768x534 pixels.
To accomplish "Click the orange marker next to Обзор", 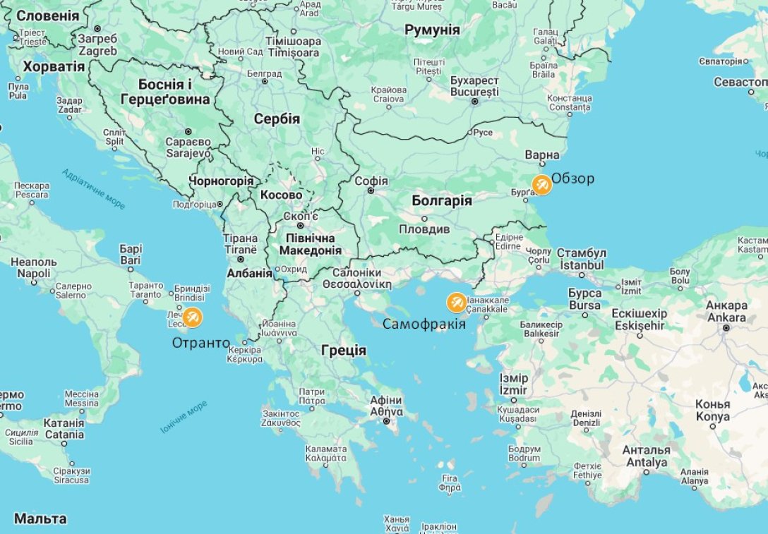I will click(x=541, y=184).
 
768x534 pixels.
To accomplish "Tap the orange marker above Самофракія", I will click(x=457, y=303).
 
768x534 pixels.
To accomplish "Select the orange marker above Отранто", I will click(x=192, y=317).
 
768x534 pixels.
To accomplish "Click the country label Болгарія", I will click(x=442, y=200).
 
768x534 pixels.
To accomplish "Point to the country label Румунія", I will click(x=432, y=30).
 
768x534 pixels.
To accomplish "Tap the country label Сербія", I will click(x=277, y=119).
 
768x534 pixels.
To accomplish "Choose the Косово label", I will click(x=281, y=195).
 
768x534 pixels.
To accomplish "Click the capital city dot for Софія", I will click(x=371, y=190).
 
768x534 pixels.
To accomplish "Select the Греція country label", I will click(x=344, y=350).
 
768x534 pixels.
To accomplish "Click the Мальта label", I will click(x=40, y=519).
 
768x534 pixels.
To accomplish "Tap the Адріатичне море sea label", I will click(x=93, y=188).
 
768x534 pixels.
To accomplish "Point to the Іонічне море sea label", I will click(x=184, y=416).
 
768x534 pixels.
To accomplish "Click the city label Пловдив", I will click(x=424, y=229).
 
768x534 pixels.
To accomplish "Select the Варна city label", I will click(x=542, y=155).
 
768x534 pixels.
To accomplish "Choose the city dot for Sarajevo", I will click(x=188, y=132).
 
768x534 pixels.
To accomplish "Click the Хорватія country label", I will click(x=54, y=67).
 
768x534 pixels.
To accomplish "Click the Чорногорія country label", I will click(x=220, y=181).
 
